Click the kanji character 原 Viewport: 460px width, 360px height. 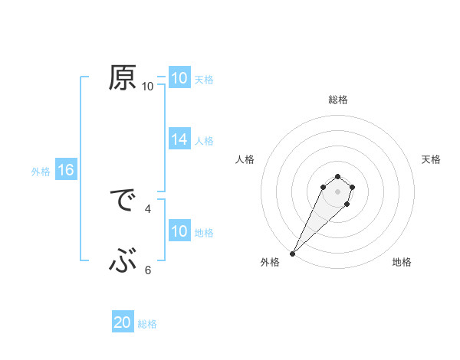(123, 79)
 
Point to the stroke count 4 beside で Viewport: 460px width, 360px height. (148, 208)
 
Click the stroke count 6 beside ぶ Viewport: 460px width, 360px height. (148, 270)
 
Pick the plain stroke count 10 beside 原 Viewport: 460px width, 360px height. (148, 87)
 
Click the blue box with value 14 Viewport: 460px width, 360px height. (179, 139)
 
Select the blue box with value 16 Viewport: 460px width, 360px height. (66, 171)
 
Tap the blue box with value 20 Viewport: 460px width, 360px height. (123, 323)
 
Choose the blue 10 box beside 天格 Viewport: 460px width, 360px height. (179, 78)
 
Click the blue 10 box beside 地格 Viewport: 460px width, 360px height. (179, 232)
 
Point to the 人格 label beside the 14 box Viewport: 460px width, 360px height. (204, 141)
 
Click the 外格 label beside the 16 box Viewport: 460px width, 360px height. (41, 172)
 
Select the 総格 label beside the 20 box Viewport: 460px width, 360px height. (147, 324)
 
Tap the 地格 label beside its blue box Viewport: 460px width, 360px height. (204, 233)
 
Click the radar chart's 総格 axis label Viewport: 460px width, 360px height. (337, 100)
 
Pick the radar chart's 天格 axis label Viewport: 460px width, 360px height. (431, 159)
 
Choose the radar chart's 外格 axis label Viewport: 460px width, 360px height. (270, 262)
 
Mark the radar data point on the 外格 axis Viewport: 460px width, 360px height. (293, 253)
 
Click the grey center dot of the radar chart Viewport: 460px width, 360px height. (337, 189)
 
